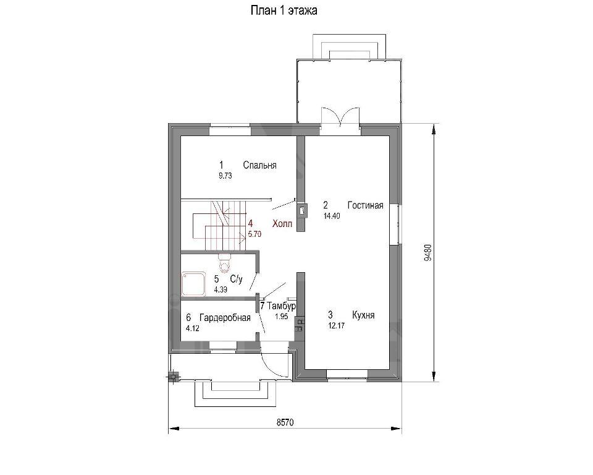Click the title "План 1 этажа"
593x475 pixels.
tap(284, 11)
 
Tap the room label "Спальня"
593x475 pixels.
tap(260, 165)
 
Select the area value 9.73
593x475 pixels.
tap(225, 176)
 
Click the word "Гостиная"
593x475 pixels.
tap(365, 205)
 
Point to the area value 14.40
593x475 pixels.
tap(332, 216)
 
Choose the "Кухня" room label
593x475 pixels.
tap(363, 315)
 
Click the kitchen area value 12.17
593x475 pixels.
tap(337, 325)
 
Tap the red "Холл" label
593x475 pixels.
tap(282, 224)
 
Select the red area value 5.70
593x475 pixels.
tap(254, 234)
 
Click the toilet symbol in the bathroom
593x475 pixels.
tap(225, 263)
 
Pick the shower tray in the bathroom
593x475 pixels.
tap(193, 284)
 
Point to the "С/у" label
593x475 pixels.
tap(237, 279)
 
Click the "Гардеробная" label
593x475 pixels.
tap(225, 317)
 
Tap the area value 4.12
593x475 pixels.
tap(193, 328)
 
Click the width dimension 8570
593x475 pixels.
tap(285, 422)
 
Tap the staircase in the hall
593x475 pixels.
tap(219, 226)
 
